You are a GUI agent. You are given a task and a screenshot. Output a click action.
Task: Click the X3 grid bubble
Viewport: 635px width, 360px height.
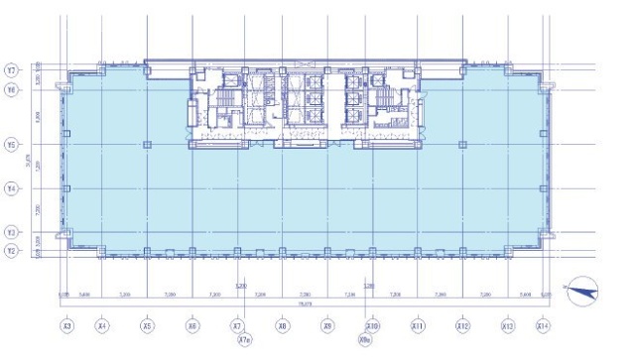tap(66, 324)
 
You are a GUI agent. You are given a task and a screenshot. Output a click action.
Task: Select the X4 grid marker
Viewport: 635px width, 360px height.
tap(102, 324)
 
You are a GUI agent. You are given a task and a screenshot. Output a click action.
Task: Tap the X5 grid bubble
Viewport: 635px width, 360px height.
tap(147, 324)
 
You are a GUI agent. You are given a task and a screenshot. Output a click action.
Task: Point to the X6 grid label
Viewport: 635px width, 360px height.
tap(192, 324)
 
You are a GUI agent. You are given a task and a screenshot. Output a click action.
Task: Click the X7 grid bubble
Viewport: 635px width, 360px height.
tap(237, 324)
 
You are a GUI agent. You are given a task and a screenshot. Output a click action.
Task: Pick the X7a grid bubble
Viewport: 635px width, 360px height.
tap(244, 340)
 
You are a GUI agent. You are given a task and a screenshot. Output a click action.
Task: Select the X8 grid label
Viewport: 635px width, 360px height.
tap(283, 324)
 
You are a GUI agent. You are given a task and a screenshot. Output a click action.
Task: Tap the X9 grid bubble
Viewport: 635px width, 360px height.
tap(327, 324)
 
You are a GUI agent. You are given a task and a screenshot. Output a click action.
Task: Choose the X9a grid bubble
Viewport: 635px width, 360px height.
tap(365, 340)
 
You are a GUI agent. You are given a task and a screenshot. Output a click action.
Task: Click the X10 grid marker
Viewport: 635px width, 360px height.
tap(372, 324)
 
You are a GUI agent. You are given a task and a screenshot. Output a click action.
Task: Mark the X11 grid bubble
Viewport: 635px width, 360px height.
tap(418, 324)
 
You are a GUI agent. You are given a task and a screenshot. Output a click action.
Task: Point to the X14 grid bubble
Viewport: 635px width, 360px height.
tap(543, 324)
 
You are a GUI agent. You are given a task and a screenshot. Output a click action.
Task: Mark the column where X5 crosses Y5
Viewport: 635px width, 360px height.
tap(147, 145)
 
